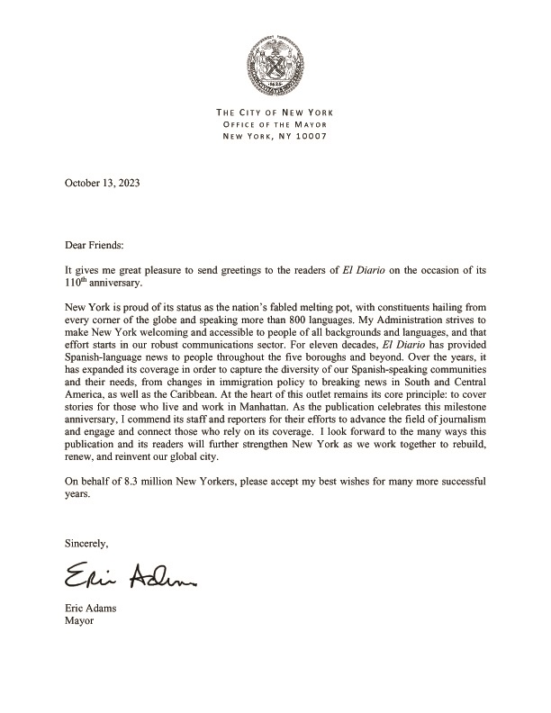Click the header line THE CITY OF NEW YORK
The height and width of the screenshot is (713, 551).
tap(275, 112)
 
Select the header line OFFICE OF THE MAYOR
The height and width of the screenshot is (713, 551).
tap(275, 124)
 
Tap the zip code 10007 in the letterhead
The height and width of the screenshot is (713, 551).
tap(308, 137)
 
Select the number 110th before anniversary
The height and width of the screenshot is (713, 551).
tap(78, 282)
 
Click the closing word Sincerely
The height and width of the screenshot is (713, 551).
tap(86, 544)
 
